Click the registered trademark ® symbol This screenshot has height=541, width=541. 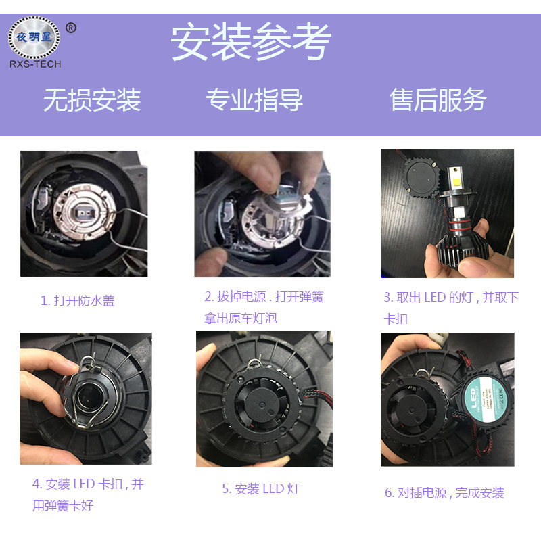tap(71, 28)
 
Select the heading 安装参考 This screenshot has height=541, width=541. tap(251, 42)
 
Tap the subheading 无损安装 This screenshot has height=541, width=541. tap(92, 100)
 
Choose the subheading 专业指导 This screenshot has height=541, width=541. tap(254, 100)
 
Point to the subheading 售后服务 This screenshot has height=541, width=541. tap(438, 100)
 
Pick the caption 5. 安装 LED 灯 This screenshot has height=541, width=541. tap(260, 489)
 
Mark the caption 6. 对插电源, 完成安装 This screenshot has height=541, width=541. tap(445, 493)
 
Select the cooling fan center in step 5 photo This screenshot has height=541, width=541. tap(262, 406)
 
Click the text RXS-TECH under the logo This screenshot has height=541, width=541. tap(34, 64)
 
